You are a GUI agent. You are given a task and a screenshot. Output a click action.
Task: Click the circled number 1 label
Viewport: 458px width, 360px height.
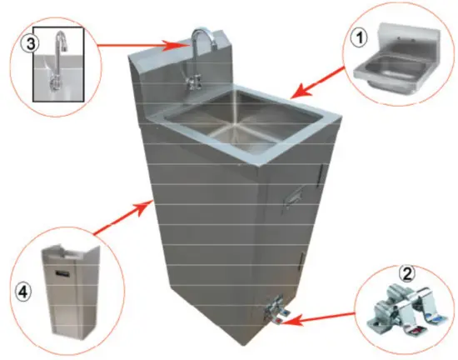pyautogui.click(x=360, y=38)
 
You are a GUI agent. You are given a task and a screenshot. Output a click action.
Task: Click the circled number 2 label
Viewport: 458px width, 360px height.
pyautogui.click(x=407, y=274)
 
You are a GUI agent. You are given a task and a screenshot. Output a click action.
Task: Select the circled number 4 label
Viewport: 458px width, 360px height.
pyautogui.click(x=23, y=292)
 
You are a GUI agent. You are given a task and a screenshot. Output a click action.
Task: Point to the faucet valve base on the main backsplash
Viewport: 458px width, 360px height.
pyautogui.click(x=193, y=81)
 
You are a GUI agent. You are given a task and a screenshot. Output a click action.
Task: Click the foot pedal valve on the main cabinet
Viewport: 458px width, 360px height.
pyautogui.click(x=276, y=312)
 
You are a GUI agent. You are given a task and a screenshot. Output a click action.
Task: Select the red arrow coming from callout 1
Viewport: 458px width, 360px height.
pyautogui.click(x=318, y=82)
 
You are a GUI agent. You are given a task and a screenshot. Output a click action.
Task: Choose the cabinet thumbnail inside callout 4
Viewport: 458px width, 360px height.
pyautogui.click(x=71, y=288)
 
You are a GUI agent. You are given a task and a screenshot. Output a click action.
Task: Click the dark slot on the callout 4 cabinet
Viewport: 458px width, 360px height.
pyautogui.click(x=63, y=274)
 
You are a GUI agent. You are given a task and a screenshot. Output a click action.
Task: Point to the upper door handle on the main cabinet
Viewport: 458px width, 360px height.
pyautogui.click(x=320, y=176)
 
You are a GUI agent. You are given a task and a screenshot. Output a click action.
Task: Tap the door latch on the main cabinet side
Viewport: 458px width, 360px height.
pyautogui.click(x=293, y=197)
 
